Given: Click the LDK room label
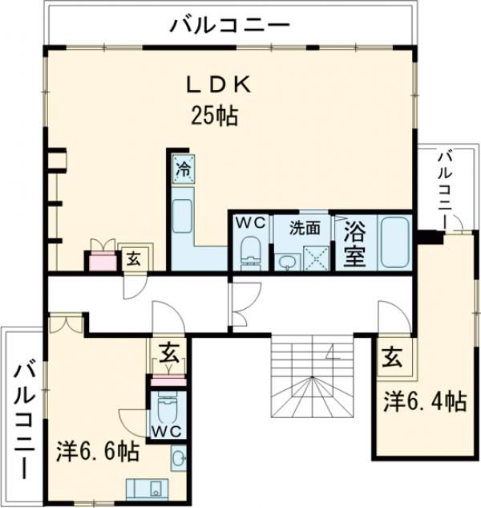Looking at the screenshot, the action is point(219,85).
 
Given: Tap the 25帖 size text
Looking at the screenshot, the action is point(214,116).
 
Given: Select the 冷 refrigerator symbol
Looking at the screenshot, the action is point(184,169).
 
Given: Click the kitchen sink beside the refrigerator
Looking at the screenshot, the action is point(183,216).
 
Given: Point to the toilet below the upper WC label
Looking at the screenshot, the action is point(251,252).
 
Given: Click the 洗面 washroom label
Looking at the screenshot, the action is point(305,228).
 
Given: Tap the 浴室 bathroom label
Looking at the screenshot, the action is point(355,243).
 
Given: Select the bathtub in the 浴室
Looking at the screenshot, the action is point(395,242).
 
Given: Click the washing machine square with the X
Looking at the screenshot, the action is point(316,258).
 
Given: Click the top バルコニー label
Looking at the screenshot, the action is point(229,25).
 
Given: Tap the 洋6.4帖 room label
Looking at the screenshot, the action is point(426,401).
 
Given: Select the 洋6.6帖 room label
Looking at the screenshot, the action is point(98,451).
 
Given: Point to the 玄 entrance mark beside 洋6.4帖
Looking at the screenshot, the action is point(392,357).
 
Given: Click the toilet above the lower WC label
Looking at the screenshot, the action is point(165,408).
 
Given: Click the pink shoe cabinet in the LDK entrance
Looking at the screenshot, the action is point(103,261).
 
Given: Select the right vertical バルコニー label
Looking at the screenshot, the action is point(445,190).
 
